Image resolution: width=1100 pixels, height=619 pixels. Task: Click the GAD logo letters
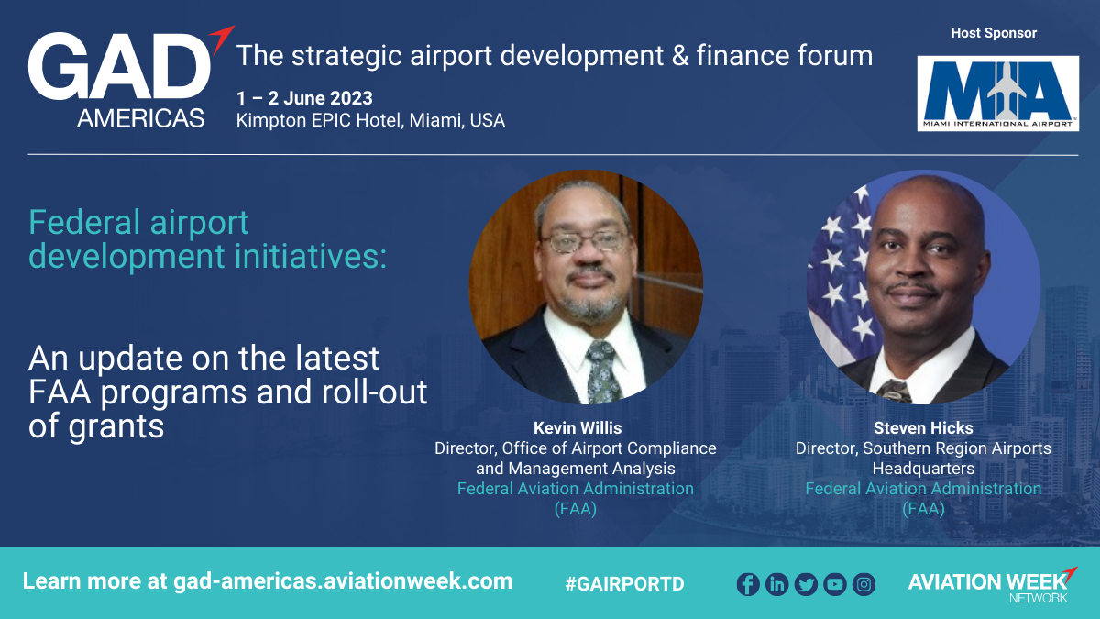point(120,66)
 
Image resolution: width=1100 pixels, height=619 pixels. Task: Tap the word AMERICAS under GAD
point(140,118)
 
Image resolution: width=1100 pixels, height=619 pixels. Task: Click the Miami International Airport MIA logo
point(998,94)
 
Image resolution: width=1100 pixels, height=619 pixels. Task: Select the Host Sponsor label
point(994,33)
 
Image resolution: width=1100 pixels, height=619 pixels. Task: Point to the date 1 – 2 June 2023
point(304,98)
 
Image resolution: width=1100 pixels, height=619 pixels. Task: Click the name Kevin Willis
point(577,428)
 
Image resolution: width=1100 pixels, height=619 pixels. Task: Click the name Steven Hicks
point(923,428)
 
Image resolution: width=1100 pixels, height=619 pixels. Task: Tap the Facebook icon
point(748,585)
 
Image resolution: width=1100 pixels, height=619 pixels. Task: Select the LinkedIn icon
point(777,585)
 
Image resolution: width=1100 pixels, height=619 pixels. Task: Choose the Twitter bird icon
point(806,585)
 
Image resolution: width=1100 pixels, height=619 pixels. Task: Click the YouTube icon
point(835,585)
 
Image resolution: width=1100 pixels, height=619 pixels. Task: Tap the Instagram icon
point(863,585)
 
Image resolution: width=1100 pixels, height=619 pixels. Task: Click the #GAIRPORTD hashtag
point(624,583)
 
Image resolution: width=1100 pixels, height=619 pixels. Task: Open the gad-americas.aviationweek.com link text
point(343,581)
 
